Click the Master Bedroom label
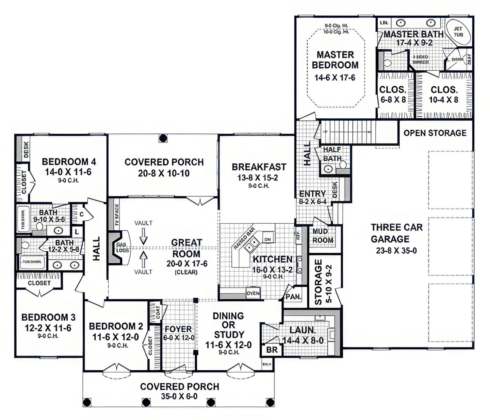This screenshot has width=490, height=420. (335, 60)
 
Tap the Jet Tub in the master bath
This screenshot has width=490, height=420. (458, 32)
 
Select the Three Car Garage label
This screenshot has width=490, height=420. (397, 233)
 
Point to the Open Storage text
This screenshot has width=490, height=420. (435, 133)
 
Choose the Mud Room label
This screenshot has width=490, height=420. (322, 236)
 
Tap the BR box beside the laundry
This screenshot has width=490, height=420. (271, 350)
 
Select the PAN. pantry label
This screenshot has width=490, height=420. (293, 296)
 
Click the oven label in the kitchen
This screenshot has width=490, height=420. (253, 293)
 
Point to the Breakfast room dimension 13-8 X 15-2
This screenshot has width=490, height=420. (258, 178)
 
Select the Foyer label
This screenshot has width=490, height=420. (178, 329)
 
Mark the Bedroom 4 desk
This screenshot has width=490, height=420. (26, 149)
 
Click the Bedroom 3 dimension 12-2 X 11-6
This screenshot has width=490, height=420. (48, 328)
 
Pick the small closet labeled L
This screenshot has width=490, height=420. (77, 232)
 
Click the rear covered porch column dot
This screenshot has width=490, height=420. (163, 138)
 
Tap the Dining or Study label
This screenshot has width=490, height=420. (228, 325)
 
